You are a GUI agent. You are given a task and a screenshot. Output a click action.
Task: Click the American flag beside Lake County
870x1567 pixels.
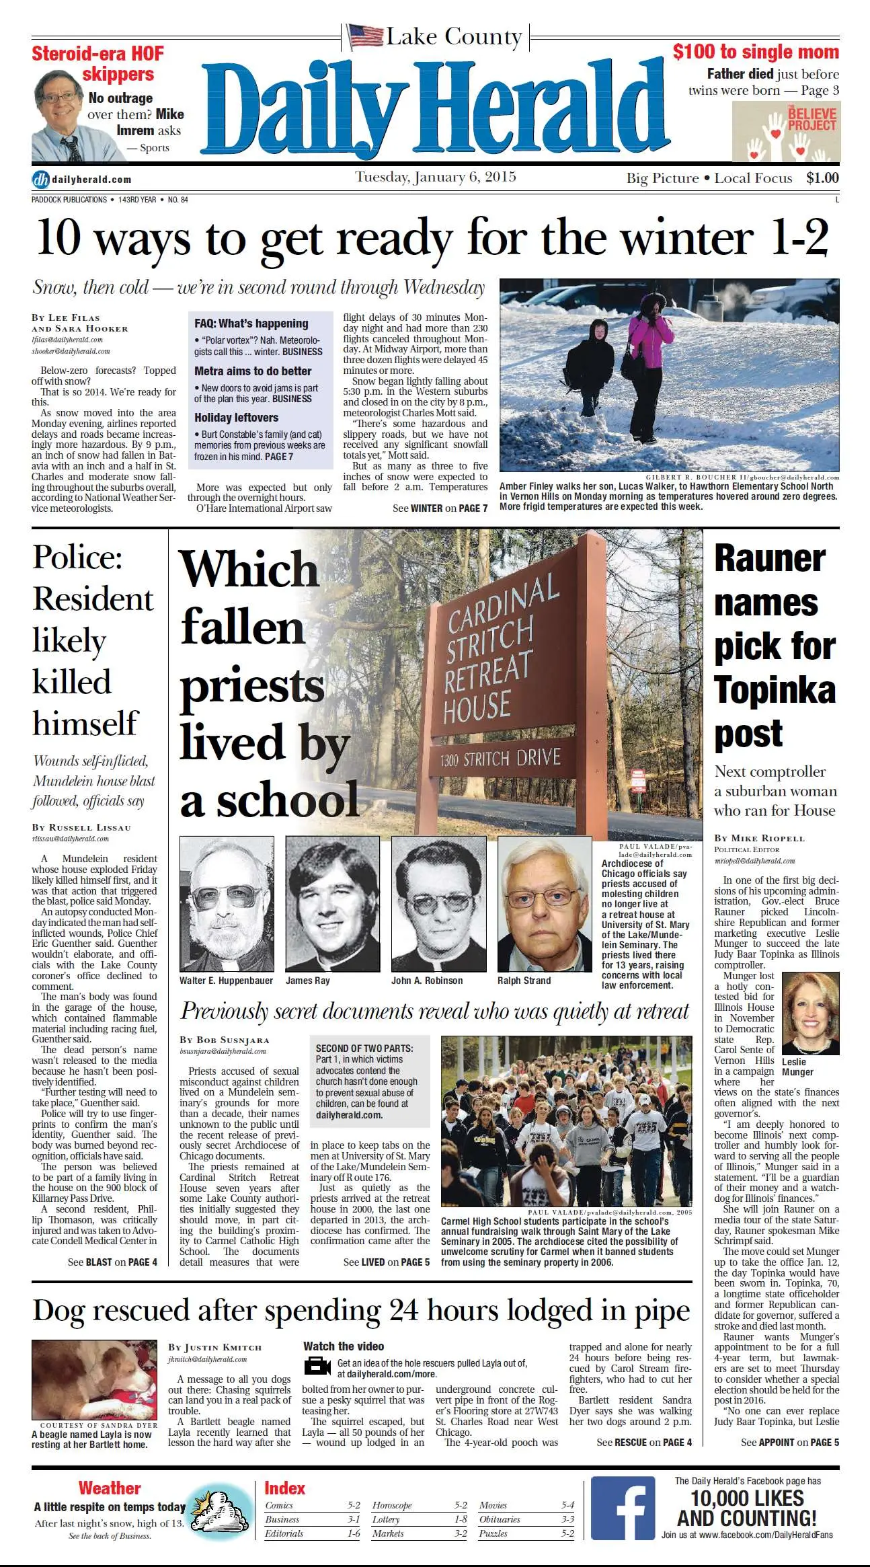pos(366,36)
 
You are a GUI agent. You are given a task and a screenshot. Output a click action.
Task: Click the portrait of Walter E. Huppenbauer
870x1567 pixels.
pos(227,903)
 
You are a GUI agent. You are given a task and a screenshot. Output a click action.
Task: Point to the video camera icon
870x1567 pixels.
pos(317,1366)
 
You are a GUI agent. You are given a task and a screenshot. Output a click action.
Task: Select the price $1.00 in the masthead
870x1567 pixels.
pos(822,178)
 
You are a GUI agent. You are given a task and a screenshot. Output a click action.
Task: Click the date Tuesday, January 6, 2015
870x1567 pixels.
pos(435,177)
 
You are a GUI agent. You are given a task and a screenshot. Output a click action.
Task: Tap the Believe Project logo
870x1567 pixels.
pos(785,132)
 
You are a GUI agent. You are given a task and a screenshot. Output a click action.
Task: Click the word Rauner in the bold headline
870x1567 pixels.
pos(769,558)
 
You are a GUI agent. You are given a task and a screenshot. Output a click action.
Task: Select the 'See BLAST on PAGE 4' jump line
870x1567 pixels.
pos(112,1262)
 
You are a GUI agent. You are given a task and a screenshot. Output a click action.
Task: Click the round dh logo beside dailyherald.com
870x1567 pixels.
pos(40,180)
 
